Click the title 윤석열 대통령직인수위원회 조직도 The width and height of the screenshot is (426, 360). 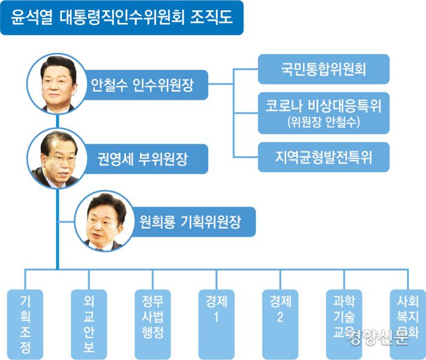point(121,18)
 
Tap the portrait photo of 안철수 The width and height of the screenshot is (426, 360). point(58,84)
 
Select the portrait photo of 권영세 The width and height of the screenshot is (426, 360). point(58,159)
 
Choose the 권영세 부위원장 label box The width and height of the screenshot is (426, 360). point(146,160)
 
